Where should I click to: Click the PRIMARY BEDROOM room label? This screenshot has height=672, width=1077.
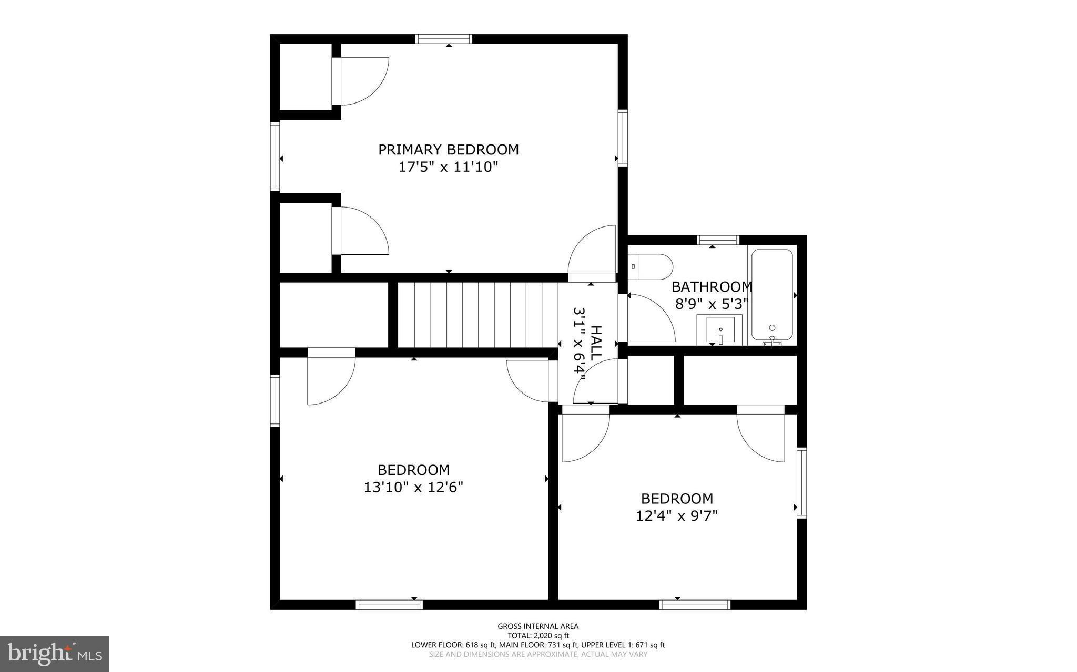pyautogui.click(x=449, y=150)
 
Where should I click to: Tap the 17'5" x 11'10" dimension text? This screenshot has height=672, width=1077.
pyautogui.click(x=448, y=167)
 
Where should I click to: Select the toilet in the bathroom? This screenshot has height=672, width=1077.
pyautogui.click(x=650, y=267)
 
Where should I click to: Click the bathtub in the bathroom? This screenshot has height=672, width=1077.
pyautogui.click(x=772, y=295)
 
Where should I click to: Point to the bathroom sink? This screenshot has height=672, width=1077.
pyautogui.click(x=720, y=329)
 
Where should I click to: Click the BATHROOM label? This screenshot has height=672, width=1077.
pyautogui.click(x=712, y=287)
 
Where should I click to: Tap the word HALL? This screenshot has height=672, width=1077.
pyautogui.click(x=596, y=343)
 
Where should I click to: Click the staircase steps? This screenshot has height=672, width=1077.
pyautogui.click(x=477, y=315)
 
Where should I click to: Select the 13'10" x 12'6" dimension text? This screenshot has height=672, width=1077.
pyautogui.click(x=413, y=488)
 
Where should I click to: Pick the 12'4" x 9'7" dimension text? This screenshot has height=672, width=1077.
pyautogui.click(x=677, y=516)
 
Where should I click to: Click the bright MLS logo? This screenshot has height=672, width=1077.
pyautogui.click(x=55, y=654)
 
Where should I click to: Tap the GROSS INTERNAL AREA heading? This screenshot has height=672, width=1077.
pyautogui.click(x=538, y=626)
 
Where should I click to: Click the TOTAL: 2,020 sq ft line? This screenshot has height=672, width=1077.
pyautogui.click(x=538, y=635)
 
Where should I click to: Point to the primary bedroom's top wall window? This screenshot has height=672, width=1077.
pyautogui.click(x=443, y=39)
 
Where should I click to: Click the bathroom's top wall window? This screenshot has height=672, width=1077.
pyautogui.click(x=718, y=240)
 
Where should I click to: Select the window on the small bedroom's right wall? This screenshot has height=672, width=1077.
pyautogui.click(x=802, y=482)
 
